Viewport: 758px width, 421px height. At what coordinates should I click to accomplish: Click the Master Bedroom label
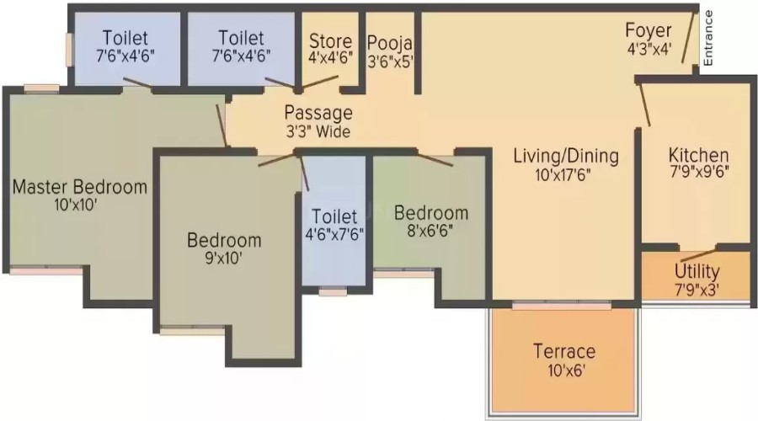pyautogui.click(x=80, y=187)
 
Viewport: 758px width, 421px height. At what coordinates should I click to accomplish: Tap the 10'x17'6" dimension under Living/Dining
pyautogui.click(x=563, y=174)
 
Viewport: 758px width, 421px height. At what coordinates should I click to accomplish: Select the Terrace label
pyautogui.click(x=564, y=351)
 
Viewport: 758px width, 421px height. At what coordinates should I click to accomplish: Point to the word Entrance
pyautogui.click(x=707, y=38)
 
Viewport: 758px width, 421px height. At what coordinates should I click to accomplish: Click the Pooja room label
pyautogui.click(x=390, y=44)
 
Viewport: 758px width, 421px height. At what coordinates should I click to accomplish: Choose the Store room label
pyautogui.click(x=331, y=41)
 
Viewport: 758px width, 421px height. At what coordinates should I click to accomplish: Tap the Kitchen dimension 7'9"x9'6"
pyautogui.click(x=699, y=172)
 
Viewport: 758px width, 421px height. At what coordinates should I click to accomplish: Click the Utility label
pyautogui.click(x=697, y=271)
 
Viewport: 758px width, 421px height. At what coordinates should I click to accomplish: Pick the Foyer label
pyautogui.click(x=649, y=30)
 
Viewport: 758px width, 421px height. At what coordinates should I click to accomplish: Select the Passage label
pyautogui.click(x=318, y=113)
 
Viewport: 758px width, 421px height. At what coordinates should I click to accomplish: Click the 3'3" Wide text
pyautogui.click(x=318, y=131)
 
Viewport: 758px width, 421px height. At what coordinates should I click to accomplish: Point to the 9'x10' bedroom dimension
pyautogui.click(x=223, y=258)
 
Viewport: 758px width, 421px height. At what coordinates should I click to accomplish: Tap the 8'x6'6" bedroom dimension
pyautogui.click(x=430, y=231)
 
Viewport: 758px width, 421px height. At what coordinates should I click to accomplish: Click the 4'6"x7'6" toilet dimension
pyautogui.click(x=334, y=234)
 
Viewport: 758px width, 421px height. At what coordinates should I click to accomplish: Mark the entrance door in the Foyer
pyautogui.click(x=687, y=38)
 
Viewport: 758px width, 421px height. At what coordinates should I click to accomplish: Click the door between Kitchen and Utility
pyautogui.click(x=697, y=256)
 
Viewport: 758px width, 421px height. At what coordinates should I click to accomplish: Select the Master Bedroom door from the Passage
pyautogui.click(x=222, y=125)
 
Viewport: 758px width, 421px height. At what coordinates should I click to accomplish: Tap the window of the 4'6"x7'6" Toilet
pyautogui.click(x=333, y=291)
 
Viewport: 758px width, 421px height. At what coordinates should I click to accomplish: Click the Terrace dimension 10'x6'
pyautogui.click(x=567, y=370)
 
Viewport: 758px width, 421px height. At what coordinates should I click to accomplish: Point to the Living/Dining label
pyautogui.click(x=566, y=156)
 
